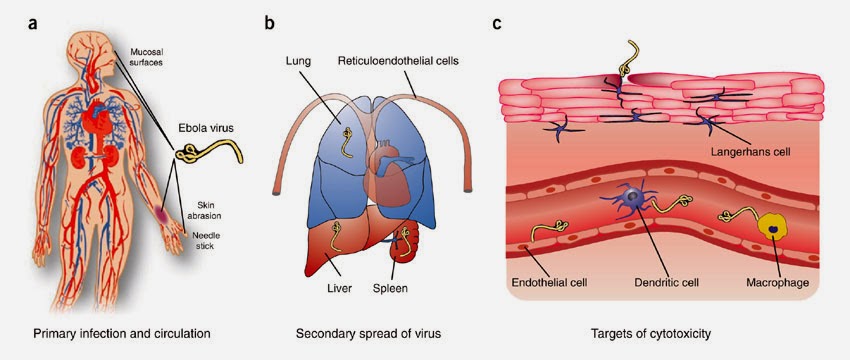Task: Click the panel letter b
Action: click(269, 23)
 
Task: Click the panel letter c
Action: click(497, 25)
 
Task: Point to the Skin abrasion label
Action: click(209, 211)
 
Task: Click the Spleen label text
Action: click(390, 288)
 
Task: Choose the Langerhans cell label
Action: click(751, 152)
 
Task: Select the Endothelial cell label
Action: click(550, 282)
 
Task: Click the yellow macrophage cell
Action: click(772, 226)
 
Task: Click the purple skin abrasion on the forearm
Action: click(162, 213)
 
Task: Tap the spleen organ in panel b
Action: click(409, 241)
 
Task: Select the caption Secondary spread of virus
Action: click(368, 333)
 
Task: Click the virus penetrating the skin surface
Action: click(628, 60)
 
